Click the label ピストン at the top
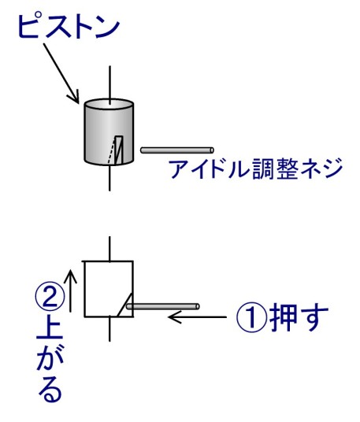(x=69, y=26)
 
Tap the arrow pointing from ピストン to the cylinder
(x=61, y=73)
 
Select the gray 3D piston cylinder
(x=109, y=132)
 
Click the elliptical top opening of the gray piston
(x=109, y=105)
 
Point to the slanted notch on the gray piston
(x=117, y=150)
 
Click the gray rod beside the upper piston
(x=177, y=150)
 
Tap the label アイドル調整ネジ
(x=256, y=169)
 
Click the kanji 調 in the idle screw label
(x=264, y=169)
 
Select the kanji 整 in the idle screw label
(x=288, y=169)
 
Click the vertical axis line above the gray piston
(x=109, y=85)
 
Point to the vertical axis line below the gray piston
(x=109, y=178)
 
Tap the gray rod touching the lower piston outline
(x=163, y=306)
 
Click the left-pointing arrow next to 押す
(x=197, y=317)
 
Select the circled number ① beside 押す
(x=252, y=316)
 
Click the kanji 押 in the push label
(x=283, y=316)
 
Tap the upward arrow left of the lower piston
(x=71, y=291)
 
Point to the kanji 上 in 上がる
(x=50, y=326)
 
